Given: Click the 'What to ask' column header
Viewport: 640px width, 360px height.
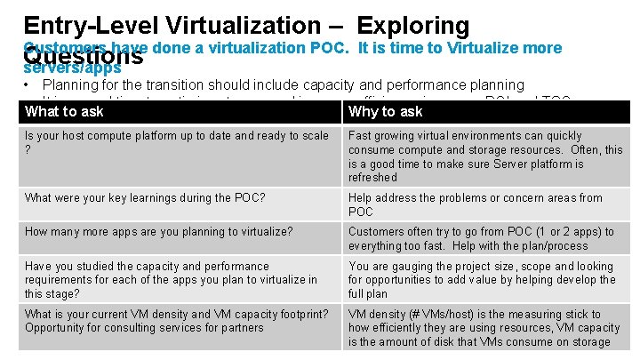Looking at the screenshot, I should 64,111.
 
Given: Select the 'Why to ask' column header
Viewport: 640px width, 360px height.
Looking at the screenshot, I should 386,111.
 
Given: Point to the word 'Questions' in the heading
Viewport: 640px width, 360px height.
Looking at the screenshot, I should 84,57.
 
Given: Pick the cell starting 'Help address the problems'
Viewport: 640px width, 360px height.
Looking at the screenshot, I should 475,204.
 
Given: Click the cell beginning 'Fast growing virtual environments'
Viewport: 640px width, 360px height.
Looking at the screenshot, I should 485,156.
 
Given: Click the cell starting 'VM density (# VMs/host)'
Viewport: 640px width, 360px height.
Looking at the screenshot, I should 484,327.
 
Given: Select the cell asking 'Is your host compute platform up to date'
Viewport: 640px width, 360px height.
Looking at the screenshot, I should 176,143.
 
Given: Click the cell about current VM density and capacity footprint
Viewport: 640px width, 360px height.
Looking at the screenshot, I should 176,320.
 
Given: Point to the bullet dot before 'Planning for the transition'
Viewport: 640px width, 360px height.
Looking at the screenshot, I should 29,85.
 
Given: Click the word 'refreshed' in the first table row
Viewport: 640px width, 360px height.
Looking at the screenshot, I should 373,177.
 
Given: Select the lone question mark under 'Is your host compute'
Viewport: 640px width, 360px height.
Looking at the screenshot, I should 28,150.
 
